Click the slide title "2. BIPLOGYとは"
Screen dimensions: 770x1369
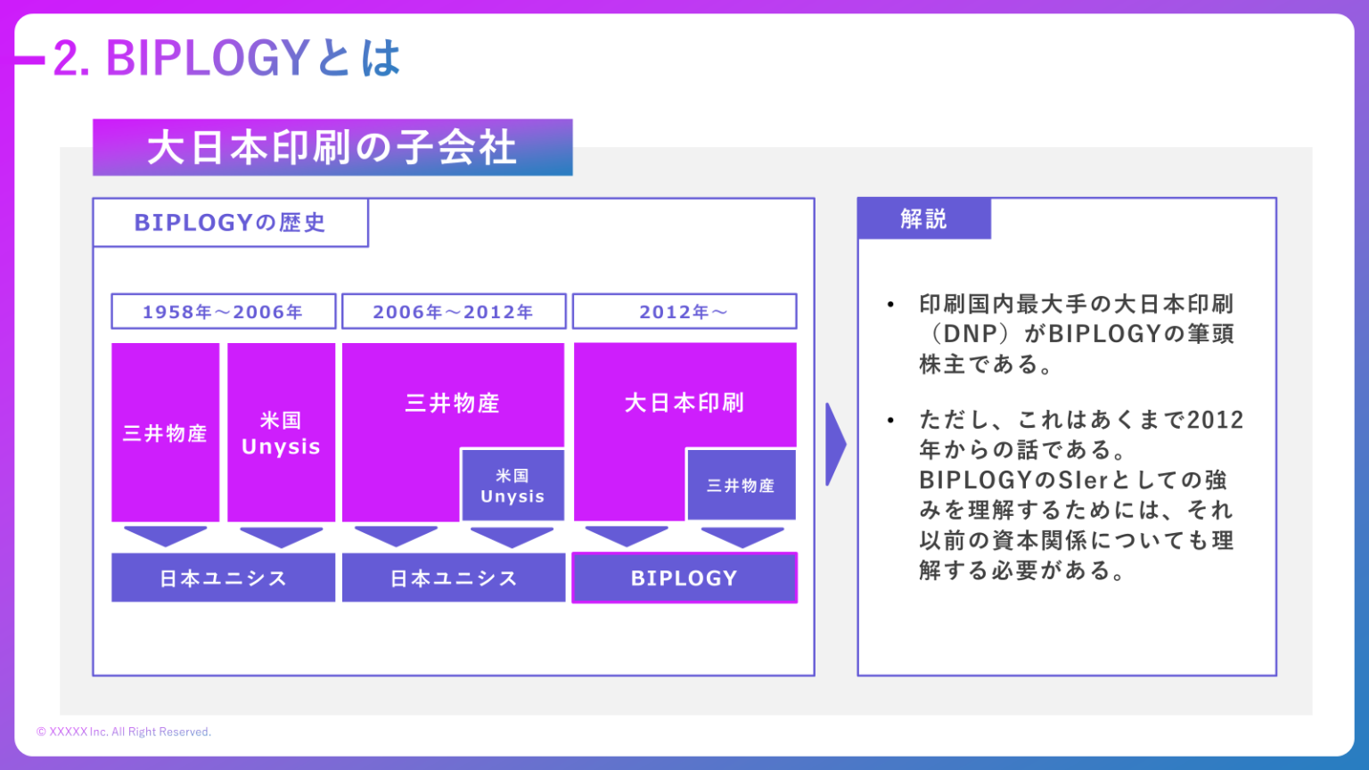[x=226, y=59]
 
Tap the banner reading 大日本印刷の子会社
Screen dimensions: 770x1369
[x=332, y=148]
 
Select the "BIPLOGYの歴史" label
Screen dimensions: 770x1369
[x=230, y=223]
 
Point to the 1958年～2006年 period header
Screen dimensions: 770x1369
[x=223, y=312]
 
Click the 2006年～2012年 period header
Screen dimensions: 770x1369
[x=453, y=312]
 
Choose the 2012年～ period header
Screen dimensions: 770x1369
[x=684, y=312]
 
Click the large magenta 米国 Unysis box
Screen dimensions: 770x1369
[x=281, y=433]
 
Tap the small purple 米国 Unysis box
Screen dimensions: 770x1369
[x=512, y=486]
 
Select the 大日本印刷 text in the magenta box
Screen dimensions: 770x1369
[x=684, y=403]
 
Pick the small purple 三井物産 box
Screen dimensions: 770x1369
[x=741, y=486]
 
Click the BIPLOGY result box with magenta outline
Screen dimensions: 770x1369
[x=684, y=578]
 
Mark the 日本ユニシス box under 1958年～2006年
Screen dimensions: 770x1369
[x=223, y=578]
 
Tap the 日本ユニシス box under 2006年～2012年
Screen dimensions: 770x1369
[x=453, y=578]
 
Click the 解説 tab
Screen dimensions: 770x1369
[x=923, y=219]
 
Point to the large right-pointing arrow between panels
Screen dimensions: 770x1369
[x=835, y=444]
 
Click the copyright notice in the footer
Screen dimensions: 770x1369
[x=124, y=732]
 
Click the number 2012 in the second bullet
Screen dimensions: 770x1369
[x=1215, y=420]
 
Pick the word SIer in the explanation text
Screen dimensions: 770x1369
[x=1083, y=480]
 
